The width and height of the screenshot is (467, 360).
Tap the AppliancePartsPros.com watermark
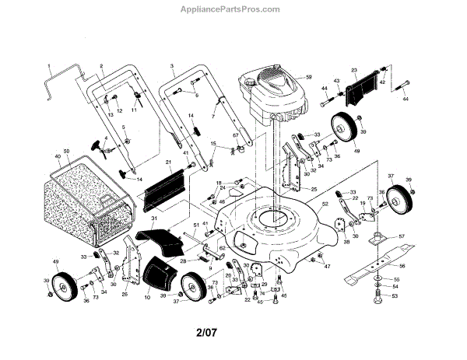[x=232, y=9]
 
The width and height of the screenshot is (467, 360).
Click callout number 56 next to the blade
[x=402, y=266]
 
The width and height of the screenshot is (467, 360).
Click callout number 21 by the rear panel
[x=169, y=163]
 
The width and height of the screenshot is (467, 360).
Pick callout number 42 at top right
[x=382, y=82]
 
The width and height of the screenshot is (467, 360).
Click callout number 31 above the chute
[x=153, y=220]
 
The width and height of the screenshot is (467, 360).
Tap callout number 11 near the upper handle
[x=133, y=111]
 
